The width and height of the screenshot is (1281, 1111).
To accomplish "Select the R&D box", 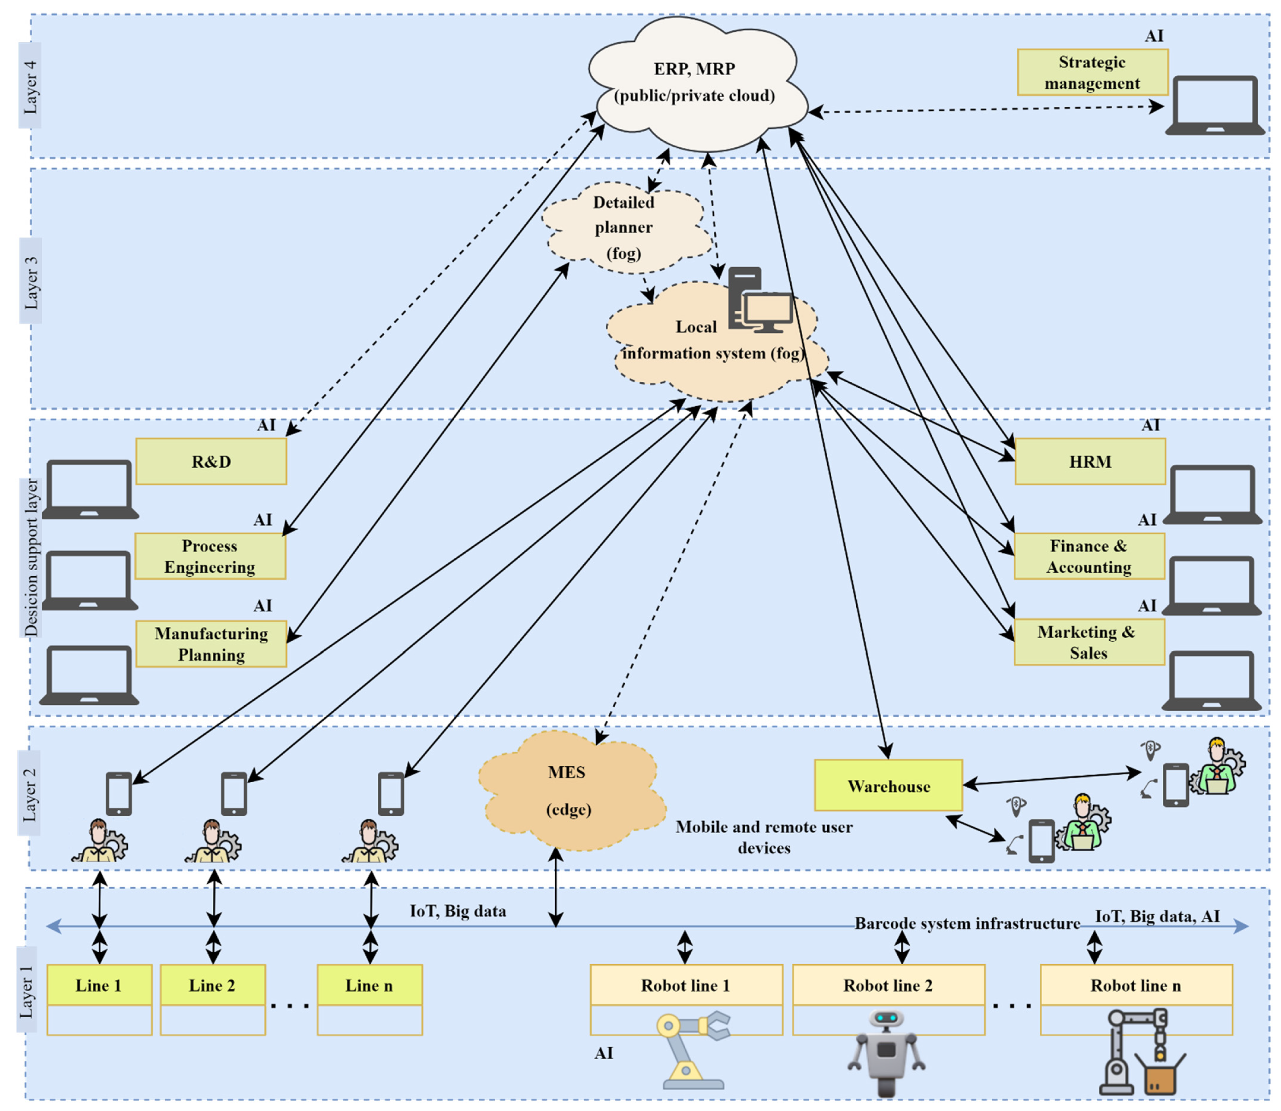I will pyautogui.click(x=211, y=462).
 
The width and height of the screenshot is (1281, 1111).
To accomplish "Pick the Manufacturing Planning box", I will pyautogui.click(x=211, y=644).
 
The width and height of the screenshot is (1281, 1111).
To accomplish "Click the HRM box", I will pyautogui.click(x=1089, y=462).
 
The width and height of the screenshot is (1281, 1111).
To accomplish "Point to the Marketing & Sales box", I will pyautogui.click(x=1089, y=642).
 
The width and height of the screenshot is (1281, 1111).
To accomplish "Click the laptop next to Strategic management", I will pyautogui.click(x=1214, y=105).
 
